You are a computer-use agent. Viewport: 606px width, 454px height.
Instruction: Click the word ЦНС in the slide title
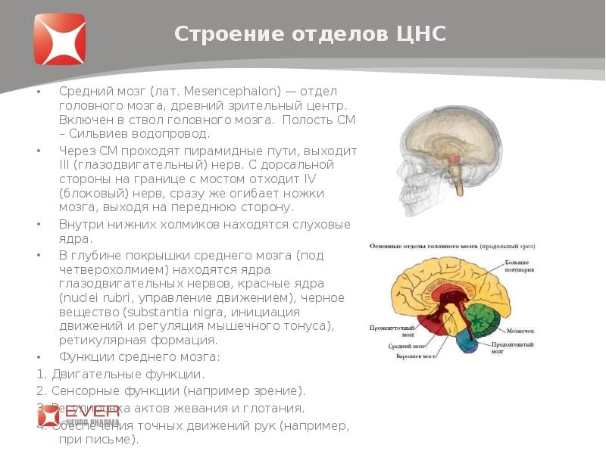[421, 34]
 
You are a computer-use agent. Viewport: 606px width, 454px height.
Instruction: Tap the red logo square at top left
[59, 39]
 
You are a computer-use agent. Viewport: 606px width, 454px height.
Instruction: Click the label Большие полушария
[520, 266]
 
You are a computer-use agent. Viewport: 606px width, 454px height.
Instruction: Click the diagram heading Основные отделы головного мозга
[430, 247]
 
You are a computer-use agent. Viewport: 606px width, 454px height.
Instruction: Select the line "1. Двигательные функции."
[120, 374]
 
